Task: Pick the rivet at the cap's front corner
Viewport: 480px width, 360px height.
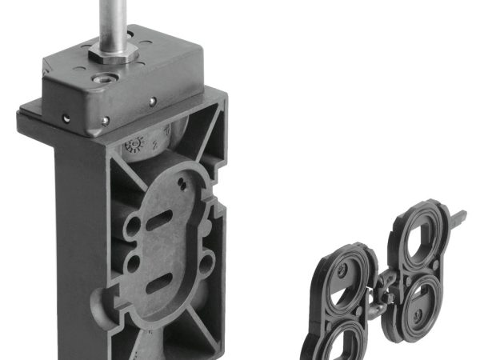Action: click(106, 121)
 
